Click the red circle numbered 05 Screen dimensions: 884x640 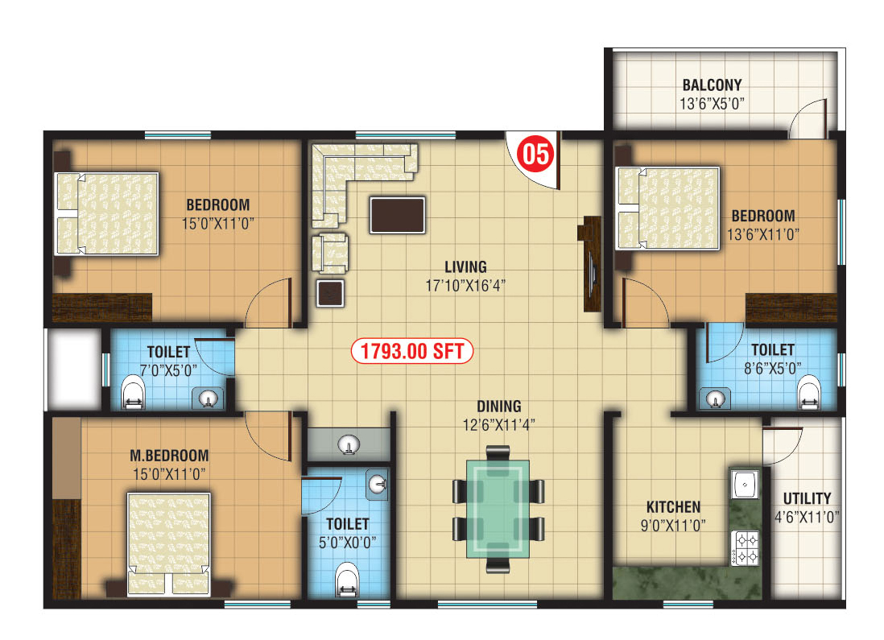tap(535, 154)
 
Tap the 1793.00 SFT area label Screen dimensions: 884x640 tap(411, 351)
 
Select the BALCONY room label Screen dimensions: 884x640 tap(712, 85)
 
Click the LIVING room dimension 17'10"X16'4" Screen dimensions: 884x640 tap(465, 286)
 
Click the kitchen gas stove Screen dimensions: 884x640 tap(746, 547)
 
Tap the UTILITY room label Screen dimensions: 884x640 tap(807, 498)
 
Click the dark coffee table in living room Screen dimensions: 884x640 tap(398, 215)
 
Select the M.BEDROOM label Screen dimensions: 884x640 tap(169, 455)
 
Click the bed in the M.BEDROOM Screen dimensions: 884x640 tap(168, 544)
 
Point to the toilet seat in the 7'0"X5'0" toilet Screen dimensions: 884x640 tap(133, 394)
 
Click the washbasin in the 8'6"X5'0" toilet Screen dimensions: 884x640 tap(715, 398)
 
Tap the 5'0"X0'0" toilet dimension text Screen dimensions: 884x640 tap(347, 543)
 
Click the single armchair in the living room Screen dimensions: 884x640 tap(330, 253)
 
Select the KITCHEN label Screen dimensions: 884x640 tap(673, 507)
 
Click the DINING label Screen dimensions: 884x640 tap(499, 406)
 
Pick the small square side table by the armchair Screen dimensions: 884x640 tap(330, 293)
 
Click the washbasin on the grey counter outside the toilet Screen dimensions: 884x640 tap(349, 444)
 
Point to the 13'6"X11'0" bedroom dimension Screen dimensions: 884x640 tap(762, 234)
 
